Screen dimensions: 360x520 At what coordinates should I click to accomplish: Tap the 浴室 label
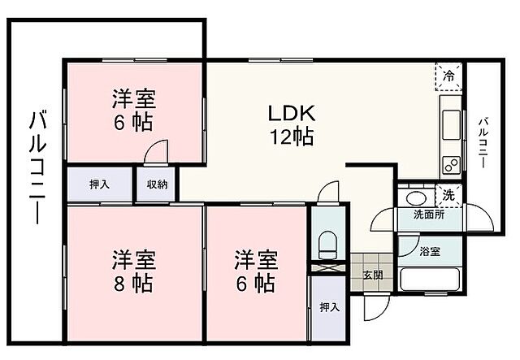tap(430, 252)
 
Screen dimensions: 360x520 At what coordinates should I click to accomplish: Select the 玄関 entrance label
tap(374, 275)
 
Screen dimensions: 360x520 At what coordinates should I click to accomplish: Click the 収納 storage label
tap(158, 184)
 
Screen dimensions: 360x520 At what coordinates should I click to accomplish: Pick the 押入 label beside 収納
tap(101, 184)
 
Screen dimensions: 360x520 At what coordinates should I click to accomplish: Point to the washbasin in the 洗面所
tap(415, 197)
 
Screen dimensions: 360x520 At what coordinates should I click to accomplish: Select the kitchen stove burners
tap(451, 163)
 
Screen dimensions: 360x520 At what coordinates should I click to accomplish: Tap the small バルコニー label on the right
tap(483, 143)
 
